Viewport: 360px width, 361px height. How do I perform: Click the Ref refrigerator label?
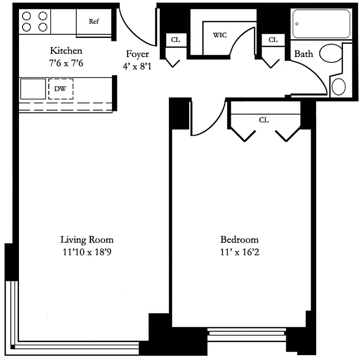pyautogui.click(x=94, y=22)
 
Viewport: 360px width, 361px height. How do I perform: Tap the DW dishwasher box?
pyautogui.click(x=60, y=89)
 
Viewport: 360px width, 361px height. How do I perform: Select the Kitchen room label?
pyautogui.click(x=66, y=51)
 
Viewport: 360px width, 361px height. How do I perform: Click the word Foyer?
pyautogui.click(x=137, y=54)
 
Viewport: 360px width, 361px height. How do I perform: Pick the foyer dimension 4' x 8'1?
pyautogui.click(x=137, y=66)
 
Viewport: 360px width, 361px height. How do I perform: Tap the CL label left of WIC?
pyautogui.click(x=175, y=40)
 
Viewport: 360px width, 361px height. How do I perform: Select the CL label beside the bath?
pyautogui.click(x=273, y=40)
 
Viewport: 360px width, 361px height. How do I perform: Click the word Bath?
pyautogui.click(x=304, y=54)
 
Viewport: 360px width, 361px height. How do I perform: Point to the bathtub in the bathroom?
pyautogui.click(x=321, y=24)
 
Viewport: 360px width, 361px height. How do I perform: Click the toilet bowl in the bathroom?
pyautogui.click(x=331, y=53)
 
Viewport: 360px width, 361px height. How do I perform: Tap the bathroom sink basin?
pyautogui.click(x=338, y=86)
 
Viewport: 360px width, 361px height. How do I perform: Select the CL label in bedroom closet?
pyautogui.click(x=264, y=120)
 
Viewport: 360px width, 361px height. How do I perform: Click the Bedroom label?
pyautogui.click(x=239, y=240)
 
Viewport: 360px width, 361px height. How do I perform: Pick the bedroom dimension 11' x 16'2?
pyautogui.click(x=239, y=252)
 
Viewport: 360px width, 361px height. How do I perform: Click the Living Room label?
pyautogui.click(x=87, y=240)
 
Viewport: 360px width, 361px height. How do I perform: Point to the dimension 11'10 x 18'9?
pyautogui.click(x=87, y=252)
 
